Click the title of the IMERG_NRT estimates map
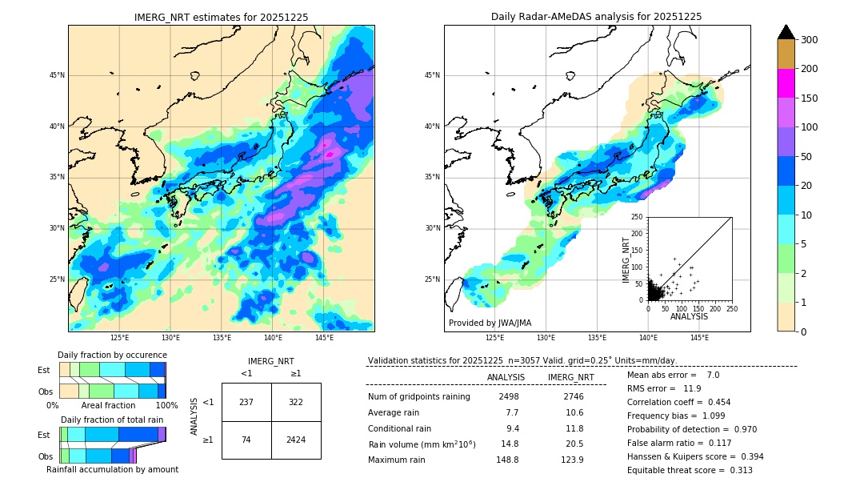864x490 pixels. [221, 17]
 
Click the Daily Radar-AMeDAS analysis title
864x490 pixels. [596, 17]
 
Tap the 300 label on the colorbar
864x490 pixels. [809, 40]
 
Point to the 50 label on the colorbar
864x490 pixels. [806, 157]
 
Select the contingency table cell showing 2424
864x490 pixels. [296, 440]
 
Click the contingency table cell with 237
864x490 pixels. [246, 402]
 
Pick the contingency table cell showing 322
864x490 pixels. [296, 402]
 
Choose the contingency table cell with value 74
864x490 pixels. [246, 440]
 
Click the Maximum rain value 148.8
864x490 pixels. [506, 460]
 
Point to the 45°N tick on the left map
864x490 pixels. [57, 75]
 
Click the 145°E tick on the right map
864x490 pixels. [699, 338]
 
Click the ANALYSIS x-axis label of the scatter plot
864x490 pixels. [689, 316]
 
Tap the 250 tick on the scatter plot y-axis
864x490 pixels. [638, 217]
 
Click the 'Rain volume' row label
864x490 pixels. [422, 444]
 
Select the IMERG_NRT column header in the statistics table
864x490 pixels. [570, 377]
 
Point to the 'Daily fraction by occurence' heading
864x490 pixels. [112, 355]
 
